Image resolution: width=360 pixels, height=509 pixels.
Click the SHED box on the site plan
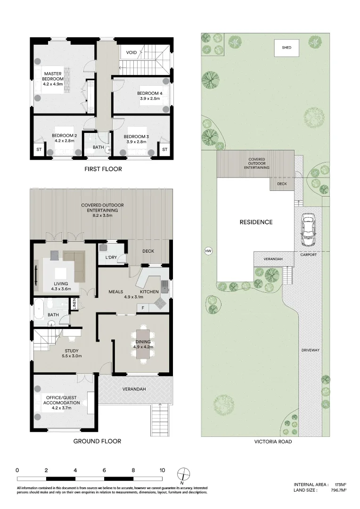pyautogui.click(x=286, y=48)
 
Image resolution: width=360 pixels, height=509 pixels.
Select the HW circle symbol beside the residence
pyautogui.click(x=208, y=251)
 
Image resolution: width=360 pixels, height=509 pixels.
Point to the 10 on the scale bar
pyautogui.click(x=162, y=470)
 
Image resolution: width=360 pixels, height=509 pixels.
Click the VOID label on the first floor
pyautogui.click(x=131, y=52)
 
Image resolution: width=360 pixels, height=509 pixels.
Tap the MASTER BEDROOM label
pyautogui.click(x=53, y=76)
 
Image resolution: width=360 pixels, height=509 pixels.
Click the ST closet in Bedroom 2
pyautogui.click(x=39, y=149)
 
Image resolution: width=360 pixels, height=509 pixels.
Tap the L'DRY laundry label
pyautogui.click(x=111, y=257)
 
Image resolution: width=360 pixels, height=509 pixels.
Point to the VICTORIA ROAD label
pyautogui.click(x=272, y=442)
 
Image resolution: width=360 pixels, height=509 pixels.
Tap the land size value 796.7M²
pyautogui.click(x=339, y=490)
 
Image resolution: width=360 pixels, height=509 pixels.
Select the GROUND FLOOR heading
pyautogui.click(x=97, y=441)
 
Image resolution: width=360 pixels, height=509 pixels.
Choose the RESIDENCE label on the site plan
pyautogui.click(x=256, y=222)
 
